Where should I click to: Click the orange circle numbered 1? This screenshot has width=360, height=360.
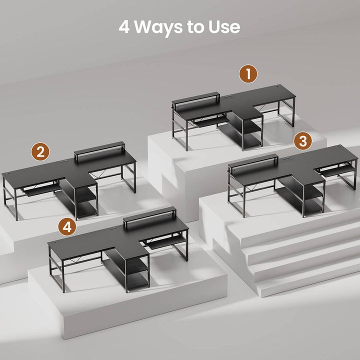[x=248, y=74]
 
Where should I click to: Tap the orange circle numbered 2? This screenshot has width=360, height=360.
[x=40, y=152]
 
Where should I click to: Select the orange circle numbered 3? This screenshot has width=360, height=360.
[x=303, y=140]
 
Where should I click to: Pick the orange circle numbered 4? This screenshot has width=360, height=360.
[x=67, y=227]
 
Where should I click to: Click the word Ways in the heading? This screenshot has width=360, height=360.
[x=158, y=27]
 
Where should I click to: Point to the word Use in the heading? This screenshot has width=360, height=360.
[x=224, y=27]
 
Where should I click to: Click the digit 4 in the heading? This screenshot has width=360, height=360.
[x=124, y=27]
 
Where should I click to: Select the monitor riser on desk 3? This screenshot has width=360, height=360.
[x=253, y=161]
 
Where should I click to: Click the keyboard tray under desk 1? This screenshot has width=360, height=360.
[x=211, y=121]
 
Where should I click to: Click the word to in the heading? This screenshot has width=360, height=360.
[x=195, y=27]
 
